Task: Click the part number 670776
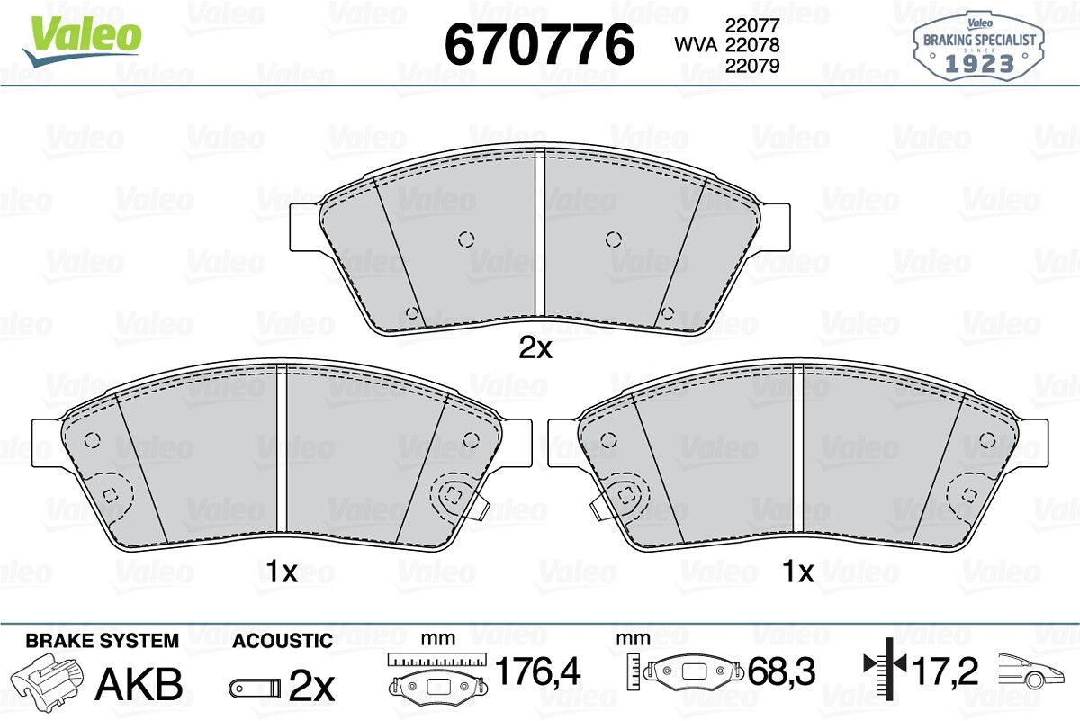pyautogui.click(x=539, y=44)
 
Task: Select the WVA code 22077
pyautogui.click(x=752, y=24)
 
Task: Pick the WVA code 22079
pyautogui.click(x=752, y=66)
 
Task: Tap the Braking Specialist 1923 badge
pyautogui.click(x=979, y=47)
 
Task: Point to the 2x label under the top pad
pyautogui.click(x=535, y=347)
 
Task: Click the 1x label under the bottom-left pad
pyautogui.click(x=282, y=572)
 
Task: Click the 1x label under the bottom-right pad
pyautogui.click(x=798, y=572)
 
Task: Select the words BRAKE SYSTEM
pyautogui.click(x=103, y=641)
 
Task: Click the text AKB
pyautogui.click(x=139, y=684)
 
